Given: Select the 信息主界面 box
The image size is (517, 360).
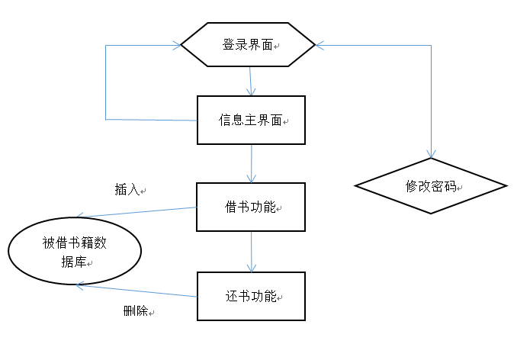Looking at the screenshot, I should click(251, 120).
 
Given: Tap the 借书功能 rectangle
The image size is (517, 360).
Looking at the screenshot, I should click(251, 207).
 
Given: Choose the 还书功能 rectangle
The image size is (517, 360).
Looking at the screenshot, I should click(251, 296).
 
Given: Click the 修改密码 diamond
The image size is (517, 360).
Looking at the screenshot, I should click(431, 186).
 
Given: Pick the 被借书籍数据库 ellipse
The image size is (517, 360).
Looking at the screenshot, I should click(75, 252).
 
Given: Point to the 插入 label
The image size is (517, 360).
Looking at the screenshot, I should click(127, 190).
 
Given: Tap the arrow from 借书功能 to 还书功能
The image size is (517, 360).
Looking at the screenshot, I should click(252, 251).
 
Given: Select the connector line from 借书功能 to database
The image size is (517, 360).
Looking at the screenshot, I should click(137, 213).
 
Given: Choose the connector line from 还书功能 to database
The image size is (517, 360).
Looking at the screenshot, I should click(137, 290).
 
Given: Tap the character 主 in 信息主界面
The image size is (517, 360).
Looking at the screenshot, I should click(251, 121).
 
